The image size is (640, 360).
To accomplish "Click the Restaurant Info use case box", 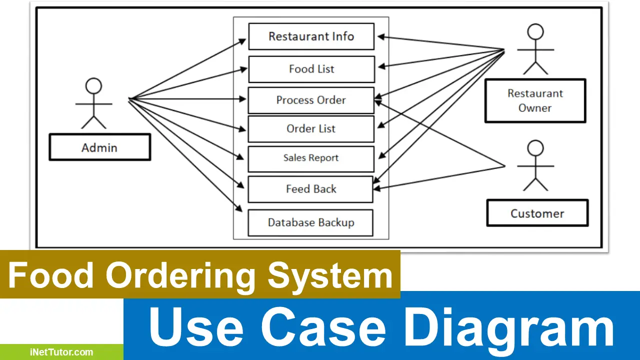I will click(x=311, y=36).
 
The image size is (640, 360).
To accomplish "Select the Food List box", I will click(x=311, y=69).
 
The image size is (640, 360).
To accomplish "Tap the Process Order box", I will click(x=310, y=100).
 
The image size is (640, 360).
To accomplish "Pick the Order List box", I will click(x=310, y=129).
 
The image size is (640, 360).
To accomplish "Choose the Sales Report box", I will click(x=310, y=158).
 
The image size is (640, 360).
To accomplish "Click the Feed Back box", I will click(x=310, y=189).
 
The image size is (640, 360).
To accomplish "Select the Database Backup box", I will click(x=310, y=222).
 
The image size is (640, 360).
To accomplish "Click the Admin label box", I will click(x=99, y=147).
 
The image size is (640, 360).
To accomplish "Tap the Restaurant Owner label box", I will click(x=534, y=100).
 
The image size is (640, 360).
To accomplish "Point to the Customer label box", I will click(x=537, y=213).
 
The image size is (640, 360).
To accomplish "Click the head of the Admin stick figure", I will click(x=93, y=86).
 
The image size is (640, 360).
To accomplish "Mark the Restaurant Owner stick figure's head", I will click(x=535, y=32).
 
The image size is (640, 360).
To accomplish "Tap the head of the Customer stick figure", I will click(x=535, y=148).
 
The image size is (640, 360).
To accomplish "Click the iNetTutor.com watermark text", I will click(x=60, y=352).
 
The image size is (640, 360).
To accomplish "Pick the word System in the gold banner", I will click(x=330, y=276).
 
